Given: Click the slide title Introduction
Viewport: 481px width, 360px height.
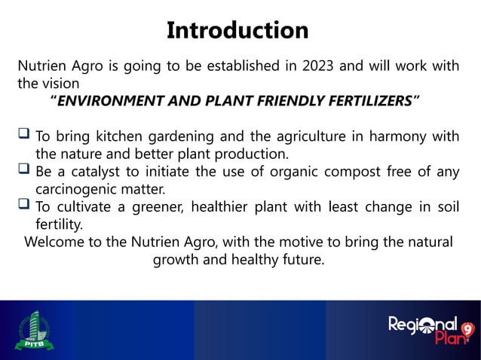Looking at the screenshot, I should pyautogui.click(x=237, y=30).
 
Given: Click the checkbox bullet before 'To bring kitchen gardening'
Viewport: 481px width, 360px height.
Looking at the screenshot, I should pyautogui.click(x=24, y=136).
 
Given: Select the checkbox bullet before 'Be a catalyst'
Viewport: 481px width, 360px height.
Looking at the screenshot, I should pyautogui.click(x=24, y=172).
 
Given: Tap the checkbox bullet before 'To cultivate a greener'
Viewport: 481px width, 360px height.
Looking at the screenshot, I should pyautogui.click(x=24, y=207).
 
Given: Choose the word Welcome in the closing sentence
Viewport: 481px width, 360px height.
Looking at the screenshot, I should pyautogui.click(x=57, y=243).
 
